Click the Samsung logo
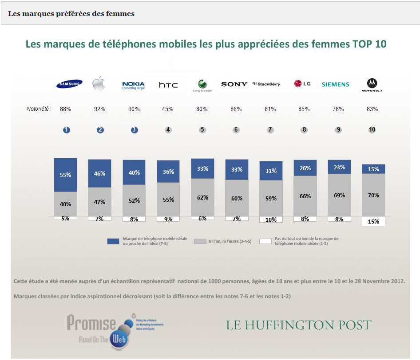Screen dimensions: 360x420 [x=69, y=84]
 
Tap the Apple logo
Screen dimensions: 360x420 [x=99, y=83]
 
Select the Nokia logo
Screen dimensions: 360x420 [x=134, y=85]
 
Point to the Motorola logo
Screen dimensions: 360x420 [x=372, y=84]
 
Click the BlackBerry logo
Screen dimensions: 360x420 [x=266, y=84]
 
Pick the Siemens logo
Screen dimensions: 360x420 [x=335, y=84]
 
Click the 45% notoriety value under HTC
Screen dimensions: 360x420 [x=168, y=109]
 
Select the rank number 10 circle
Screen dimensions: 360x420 [x=372, y=130]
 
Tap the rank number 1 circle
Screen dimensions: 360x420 [x=66, y=130]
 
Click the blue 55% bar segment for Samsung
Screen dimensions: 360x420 [x=66, y=175]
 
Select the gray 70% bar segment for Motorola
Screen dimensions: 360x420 [x=373, y=195]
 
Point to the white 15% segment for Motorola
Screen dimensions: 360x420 [x=373, y=221]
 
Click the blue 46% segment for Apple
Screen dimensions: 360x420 [x=99, y=173]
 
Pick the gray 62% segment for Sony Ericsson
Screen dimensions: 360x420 [x=202, y=197]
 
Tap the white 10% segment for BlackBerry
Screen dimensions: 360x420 [x=271, y=220]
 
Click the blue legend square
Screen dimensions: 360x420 [x=113, y=241]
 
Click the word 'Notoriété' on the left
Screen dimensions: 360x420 [x=39, y=109]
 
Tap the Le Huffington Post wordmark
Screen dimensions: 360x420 [x=298, y=325]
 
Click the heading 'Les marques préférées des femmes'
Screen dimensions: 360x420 [x=71, y=13]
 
